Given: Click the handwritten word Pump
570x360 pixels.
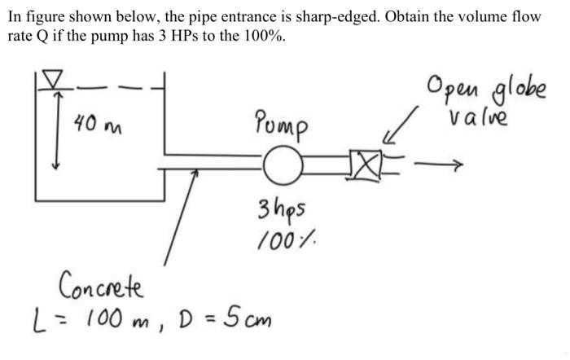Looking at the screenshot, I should (281, 124).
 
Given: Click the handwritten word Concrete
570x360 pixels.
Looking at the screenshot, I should (101, 287).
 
